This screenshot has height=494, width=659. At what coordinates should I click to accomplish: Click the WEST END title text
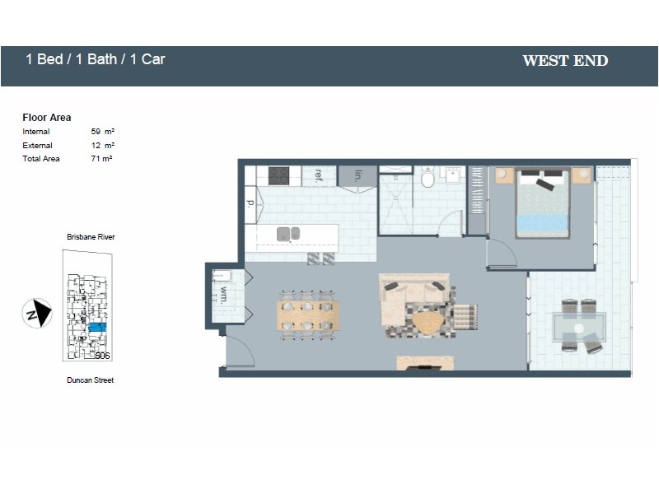[565, 60]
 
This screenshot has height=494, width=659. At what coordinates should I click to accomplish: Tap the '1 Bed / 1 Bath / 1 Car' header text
[96, 59]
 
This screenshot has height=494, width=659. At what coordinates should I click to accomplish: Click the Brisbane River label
[91, 237]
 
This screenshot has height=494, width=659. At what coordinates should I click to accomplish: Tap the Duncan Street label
[90, 380]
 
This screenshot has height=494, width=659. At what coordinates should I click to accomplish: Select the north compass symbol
[36, 314]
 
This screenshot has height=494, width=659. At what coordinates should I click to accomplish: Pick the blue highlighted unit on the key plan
[97, 328]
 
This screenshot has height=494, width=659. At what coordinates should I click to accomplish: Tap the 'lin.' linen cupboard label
[358, 175]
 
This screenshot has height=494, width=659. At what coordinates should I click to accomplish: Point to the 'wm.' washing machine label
[222, 296]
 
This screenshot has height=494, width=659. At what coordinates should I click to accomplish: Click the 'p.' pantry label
[250, 202]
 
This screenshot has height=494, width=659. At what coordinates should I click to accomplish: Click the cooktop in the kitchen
[279, 175]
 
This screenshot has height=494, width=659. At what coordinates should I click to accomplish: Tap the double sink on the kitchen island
[288, 234]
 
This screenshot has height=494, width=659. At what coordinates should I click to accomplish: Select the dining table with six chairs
[308, 315]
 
